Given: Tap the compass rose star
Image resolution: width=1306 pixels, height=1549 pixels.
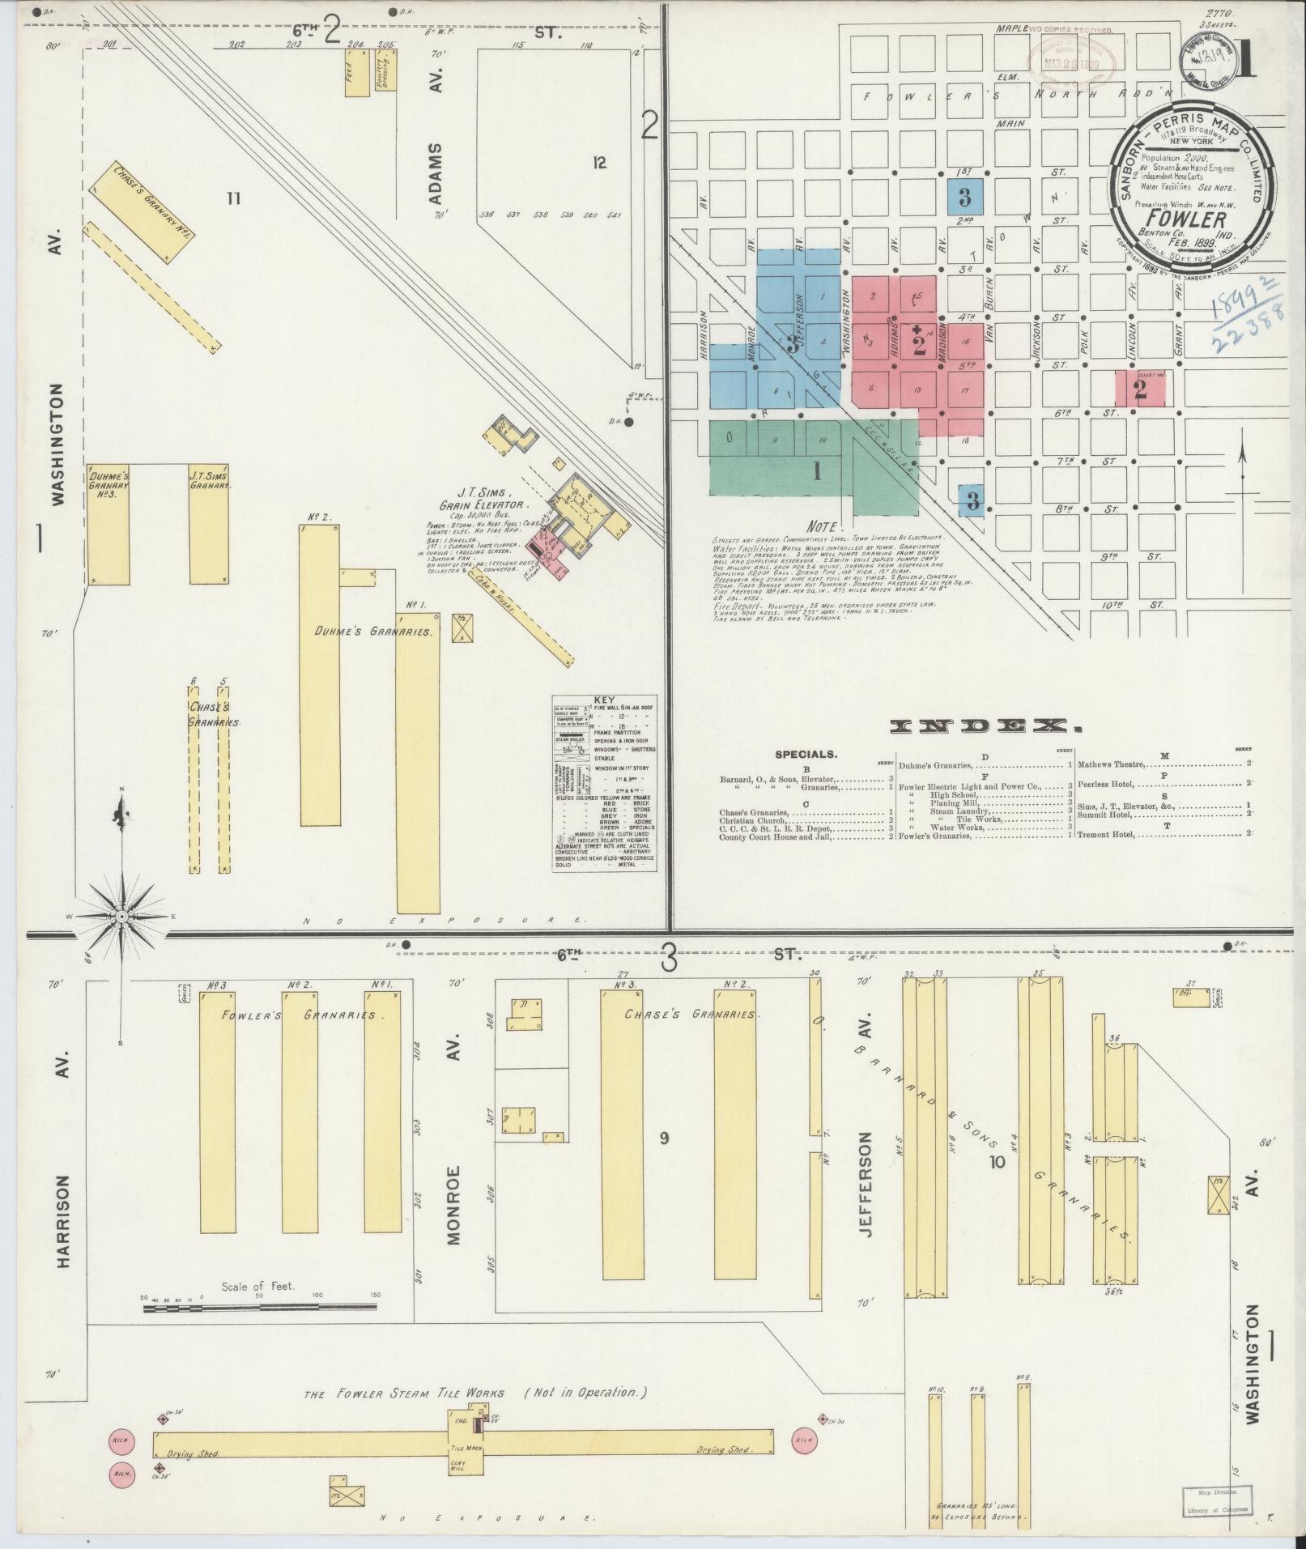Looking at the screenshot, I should point(121,916).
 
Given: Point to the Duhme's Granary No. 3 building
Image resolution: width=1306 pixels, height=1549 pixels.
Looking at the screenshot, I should point(108,523).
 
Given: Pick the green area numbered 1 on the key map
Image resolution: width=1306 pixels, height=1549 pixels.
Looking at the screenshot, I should point(816,470).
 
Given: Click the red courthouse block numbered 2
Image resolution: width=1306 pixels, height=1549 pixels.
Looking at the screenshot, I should point(1140,389).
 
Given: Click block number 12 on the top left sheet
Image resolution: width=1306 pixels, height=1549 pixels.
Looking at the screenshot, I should point(598,163).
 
